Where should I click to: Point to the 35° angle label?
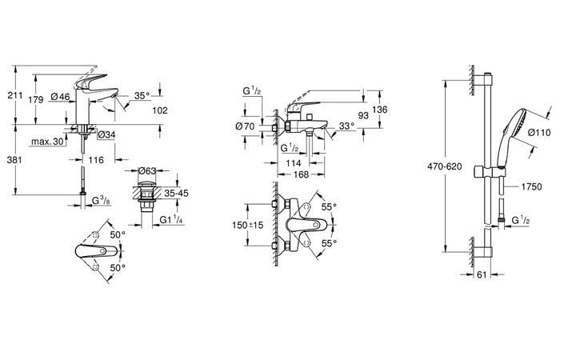click(x=142, y=96)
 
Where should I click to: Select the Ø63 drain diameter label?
click(x=146, y=170)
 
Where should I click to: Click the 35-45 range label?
click(x=177, y=193)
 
